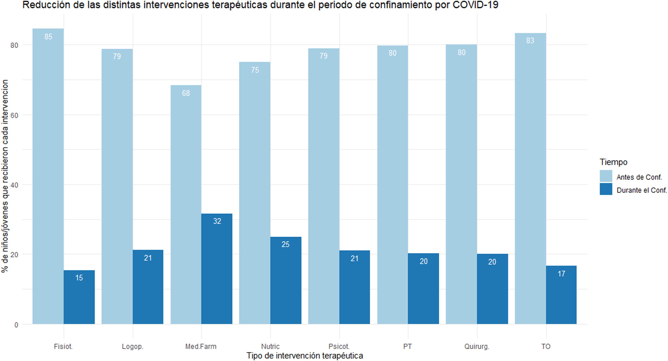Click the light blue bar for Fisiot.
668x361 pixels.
point(48,176)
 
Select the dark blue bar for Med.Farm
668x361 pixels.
point(217,270)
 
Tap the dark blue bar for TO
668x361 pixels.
point(561,296)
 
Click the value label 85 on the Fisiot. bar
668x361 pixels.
point(48,37)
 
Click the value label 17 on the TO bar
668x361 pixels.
point(561,274)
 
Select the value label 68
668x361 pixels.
point(186,93)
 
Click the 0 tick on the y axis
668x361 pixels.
point(16,325)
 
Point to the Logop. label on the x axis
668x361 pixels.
point(133,346)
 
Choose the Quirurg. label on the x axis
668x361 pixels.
point(477,346)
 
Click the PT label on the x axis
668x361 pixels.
point(407,346)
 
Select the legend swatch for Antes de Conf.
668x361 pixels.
point(606,176)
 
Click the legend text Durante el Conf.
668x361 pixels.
point(642,190)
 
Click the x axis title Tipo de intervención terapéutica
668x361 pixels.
point(305,356)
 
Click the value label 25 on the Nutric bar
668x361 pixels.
point(285,244)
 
